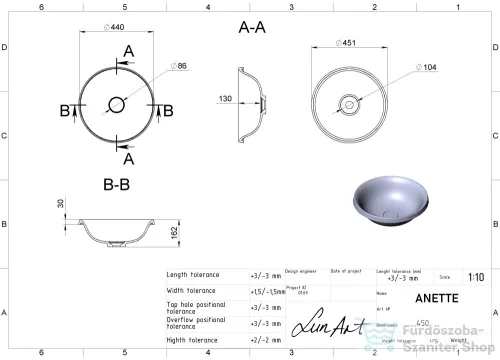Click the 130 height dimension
tap(227, 99)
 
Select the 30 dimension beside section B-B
tap(59, 203)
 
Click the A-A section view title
tap(253, 28)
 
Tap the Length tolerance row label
tap(192, 275)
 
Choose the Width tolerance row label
tap(190, 291)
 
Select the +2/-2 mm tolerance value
tap(265, 340)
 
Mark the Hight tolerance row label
tap(190, 340)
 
